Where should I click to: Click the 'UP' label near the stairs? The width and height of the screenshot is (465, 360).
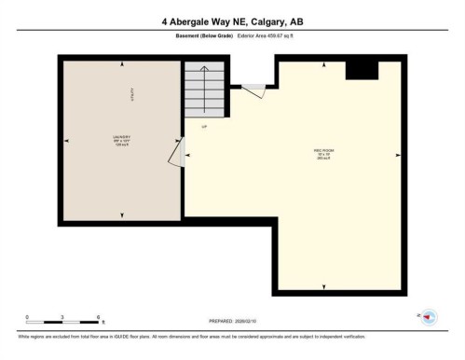coord(204,126)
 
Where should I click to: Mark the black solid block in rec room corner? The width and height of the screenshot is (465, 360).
coord(362,71)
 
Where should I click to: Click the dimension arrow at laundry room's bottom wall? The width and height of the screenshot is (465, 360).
coord(122,215)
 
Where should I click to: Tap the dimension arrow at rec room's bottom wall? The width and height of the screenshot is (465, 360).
coord(323,285)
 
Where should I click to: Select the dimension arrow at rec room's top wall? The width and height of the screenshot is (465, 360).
coord(323,63)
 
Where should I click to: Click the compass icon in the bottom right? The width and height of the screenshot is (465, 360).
coord(430,317)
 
